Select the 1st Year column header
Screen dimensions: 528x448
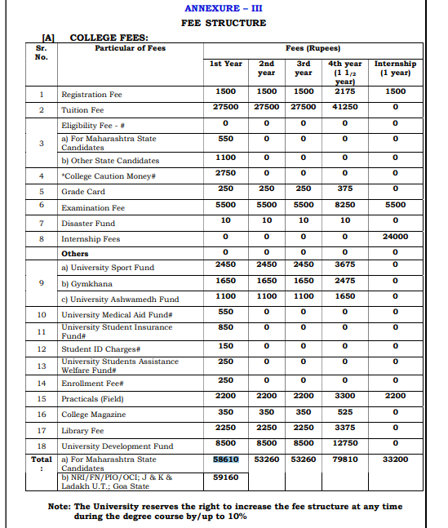pyautogui.click(x=226, y=64)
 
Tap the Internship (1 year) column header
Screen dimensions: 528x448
pyautogui.click(x=395, y=68)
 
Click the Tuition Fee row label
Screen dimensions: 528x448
pyautogui.click(x=82, y=110)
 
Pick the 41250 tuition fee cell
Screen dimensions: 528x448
pyautogui.click(x=344, y=107)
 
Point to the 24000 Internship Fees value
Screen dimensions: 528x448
pyautogui.click(x=395, y=237)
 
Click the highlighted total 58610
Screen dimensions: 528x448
pyautogui.click(x=225, y=459)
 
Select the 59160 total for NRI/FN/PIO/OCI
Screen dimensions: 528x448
pyautogui.click(x=225, y=477)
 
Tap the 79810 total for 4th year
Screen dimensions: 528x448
pyautogui.click(x=344, y=459)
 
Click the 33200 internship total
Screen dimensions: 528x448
pyautogui.click(x=395, y=459)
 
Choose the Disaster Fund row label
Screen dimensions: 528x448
pyautogui.click(x=88, y=223)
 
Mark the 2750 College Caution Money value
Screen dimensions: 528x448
pyautogui.click(x=225, y=173)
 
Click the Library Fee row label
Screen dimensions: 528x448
pyautogui.click(x=82, y=430)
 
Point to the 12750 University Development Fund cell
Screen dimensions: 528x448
pyautogui.click(x=344, y=444)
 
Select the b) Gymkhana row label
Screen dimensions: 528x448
pyautogui.click(x=88, y=283)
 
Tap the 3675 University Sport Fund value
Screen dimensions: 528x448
pyautogui.click(x=344, y=264)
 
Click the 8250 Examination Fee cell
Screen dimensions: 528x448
pyautogui.click(x=344, y=205)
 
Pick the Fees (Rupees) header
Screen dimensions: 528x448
pyautogui.click(x=313, y=48)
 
